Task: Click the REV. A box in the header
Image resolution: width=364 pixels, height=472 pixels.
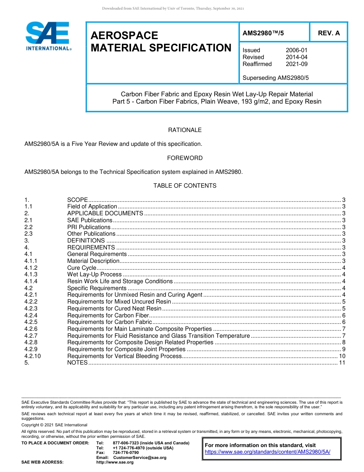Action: (x=329, y=33)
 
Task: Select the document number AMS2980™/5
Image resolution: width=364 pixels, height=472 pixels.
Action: (x=263, y=33)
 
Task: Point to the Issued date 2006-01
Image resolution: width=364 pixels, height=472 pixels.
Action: (x=297, y=50)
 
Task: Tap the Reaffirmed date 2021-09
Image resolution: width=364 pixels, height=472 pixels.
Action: (x=297, y=64)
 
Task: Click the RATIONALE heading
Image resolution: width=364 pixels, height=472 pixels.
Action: (x=185, y=130)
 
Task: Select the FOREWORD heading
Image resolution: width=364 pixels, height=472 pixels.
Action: (x=185, y=158)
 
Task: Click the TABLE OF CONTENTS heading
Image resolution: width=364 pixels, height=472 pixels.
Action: (x=185, y=186)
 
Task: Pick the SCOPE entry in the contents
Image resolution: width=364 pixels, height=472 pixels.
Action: (x=77, y=200)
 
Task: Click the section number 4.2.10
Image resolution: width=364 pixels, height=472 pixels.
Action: (x=32, y=356)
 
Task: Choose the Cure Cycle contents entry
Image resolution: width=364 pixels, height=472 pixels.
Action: (x=82, y=268)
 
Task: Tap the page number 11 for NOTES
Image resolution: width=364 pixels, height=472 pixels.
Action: (x=342, y=363)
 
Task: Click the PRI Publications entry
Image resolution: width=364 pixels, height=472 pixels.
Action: (x=89, y=227)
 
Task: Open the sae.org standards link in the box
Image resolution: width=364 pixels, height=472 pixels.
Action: (x=267, y=452)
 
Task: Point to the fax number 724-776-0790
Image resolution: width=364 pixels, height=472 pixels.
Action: (x=126, y=453)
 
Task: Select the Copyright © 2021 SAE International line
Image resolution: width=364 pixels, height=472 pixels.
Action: (x=54, y=425)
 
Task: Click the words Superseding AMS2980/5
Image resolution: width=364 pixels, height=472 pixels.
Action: (x=275, y=78)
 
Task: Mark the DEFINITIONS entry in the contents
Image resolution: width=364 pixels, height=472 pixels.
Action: (x=86, y=241)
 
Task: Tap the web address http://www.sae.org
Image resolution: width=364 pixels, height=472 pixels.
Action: (x=115, y=462)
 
